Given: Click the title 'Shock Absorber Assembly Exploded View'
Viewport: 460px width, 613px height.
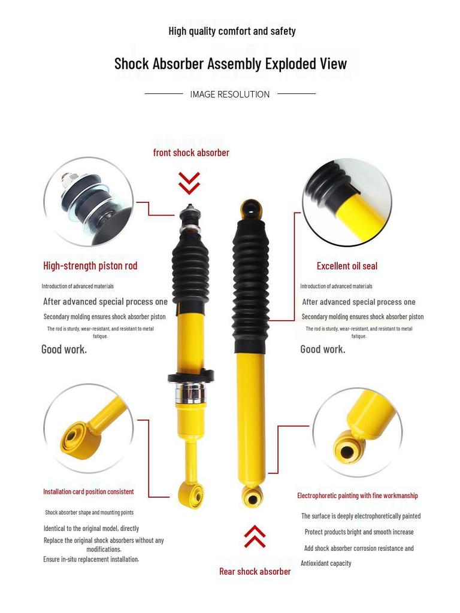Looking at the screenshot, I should coord(231,63).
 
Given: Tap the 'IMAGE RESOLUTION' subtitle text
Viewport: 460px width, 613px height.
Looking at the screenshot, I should coord(230,94).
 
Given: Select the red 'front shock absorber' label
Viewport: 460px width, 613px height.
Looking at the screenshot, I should coord(191,153).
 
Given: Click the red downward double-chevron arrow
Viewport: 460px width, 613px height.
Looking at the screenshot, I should coord(189,183).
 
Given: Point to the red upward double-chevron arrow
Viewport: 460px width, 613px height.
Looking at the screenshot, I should coord(255,536).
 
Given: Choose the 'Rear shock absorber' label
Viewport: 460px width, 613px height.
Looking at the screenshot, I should coord(255,571).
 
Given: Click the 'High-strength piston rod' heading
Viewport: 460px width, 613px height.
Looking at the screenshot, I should coord(90,265).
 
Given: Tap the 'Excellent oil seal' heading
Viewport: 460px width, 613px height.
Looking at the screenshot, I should coord(347,266).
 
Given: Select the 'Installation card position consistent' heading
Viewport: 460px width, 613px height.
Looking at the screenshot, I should coord(89,491).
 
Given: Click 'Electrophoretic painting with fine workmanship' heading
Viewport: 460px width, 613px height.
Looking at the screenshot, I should coord(358,495).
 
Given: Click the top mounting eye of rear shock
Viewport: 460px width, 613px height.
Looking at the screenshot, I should coord(251,210).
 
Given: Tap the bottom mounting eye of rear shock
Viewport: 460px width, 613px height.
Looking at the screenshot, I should coord(252,497).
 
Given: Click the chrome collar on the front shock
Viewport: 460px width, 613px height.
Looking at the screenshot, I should coord(190,394).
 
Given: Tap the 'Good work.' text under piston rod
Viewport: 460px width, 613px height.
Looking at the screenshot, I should coord(64,349).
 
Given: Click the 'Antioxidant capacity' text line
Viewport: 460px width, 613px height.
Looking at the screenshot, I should coord(326,563).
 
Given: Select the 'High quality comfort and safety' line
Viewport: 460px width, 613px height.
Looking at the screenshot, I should coord(232,31).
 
